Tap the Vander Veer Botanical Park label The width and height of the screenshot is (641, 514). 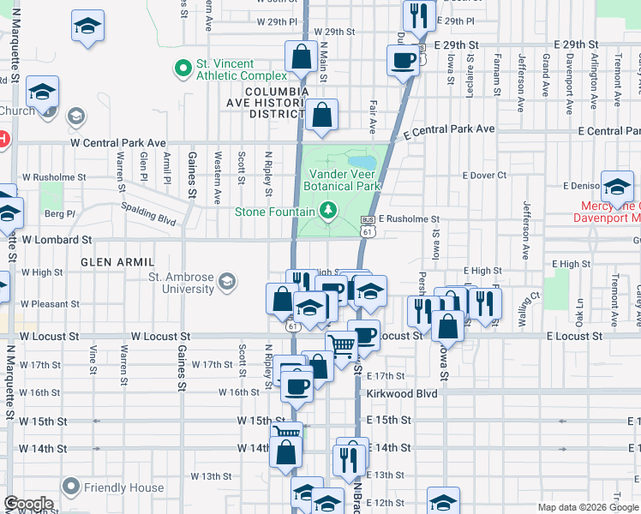(344, 180)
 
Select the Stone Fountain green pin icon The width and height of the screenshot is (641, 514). (326, 210)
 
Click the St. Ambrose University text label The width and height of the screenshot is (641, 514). (182, 283)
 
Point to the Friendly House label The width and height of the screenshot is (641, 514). (123, 488)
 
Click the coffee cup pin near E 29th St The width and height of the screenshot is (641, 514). (403, 61)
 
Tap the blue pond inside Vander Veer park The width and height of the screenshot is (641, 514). (362, 162)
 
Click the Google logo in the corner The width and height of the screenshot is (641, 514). (27, 504)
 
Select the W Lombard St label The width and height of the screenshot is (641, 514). (57, 241)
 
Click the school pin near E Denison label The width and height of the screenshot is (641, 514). (617, 186)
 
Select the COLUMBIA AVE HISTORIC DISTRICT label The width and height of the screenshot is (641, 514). (276, 102)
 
